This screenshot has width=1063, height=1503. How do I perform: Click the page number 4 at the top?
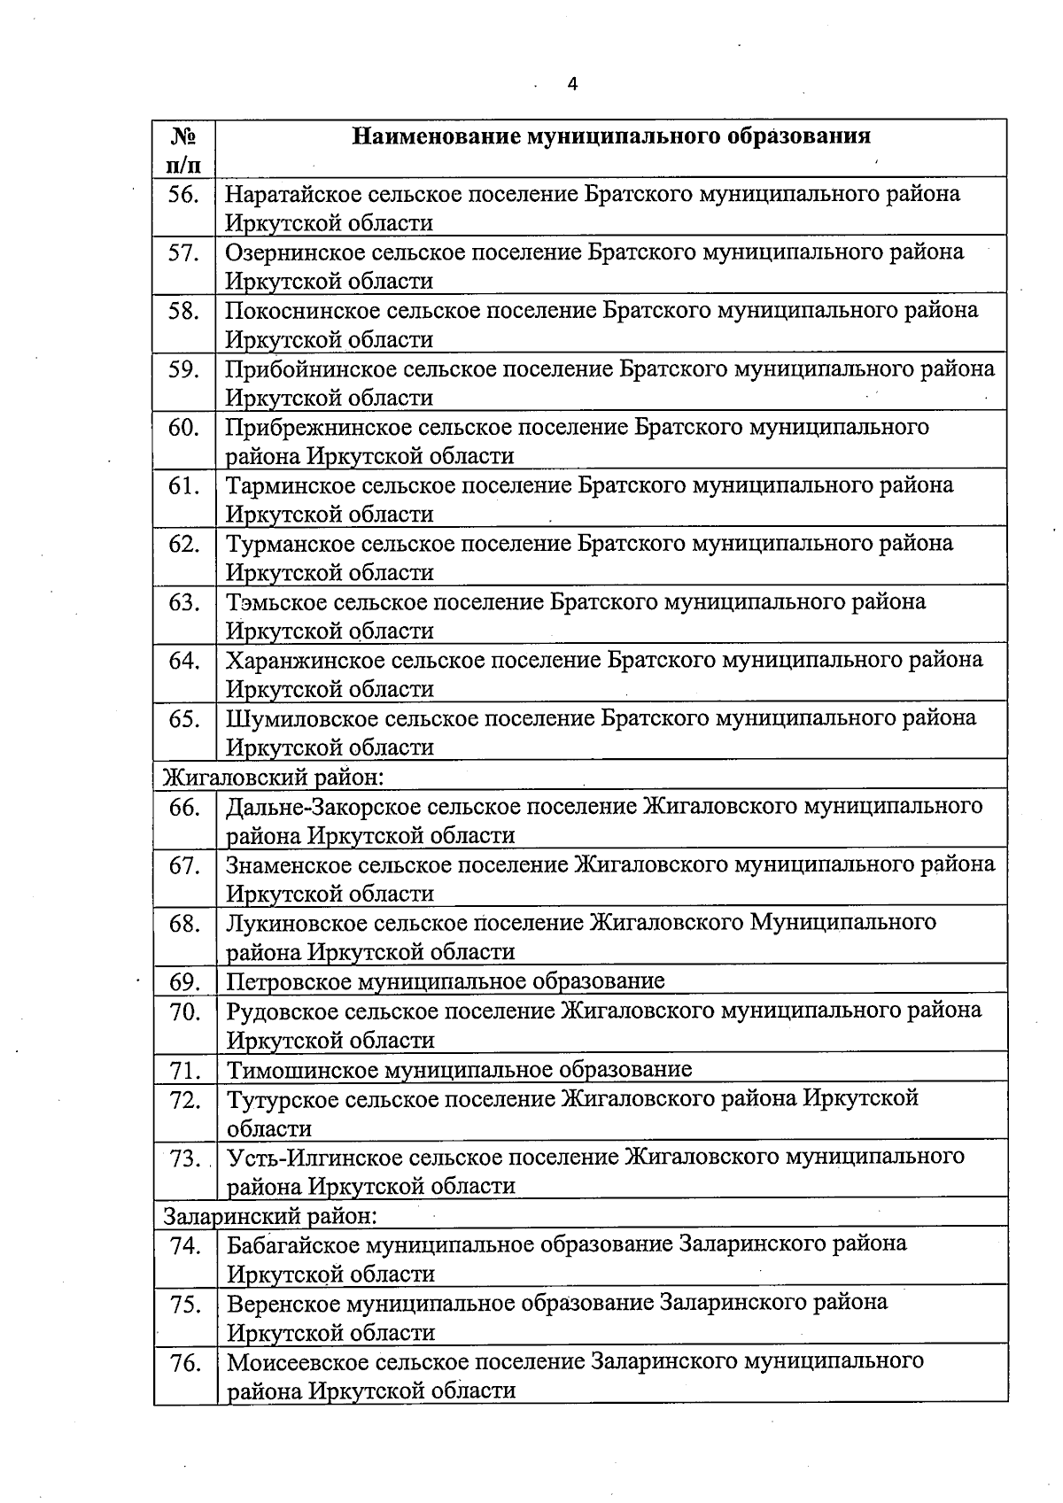(572, 85)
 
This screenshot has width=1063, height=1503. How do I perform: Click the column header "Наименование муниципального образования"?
(611, 136)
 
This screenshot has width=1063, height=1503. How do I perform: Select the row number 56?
(183, 194)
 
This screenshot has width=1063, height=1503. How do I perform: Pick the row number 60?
(183, 428)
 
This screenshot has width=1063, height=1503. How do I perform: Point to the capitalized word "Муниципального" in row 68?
(842, 923)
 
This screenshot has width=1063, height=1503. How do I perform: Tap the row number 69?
(184, 982)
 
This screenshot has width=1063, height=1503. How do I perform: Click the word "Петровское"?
(287, 982)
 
